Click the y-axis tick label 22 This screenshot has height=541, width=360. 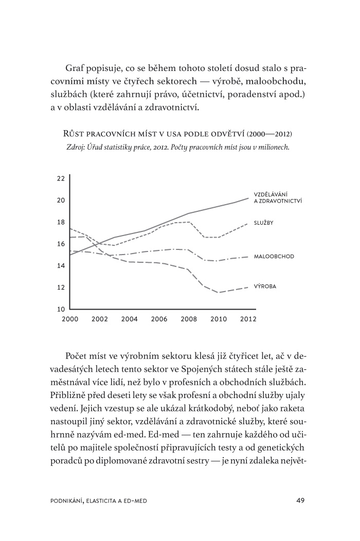[x=61, y=179]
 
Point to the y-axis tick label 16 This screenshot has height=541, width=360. [x=61, y=244]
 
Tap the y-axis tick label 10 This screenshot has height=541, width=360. [x=61, y=310]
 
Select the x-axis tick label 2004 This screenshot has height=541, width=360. [x=130, y=319]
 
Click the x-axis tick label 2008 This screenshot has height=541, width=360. [x=189, y=319]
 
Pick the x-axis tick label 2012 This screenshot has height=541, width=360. [x=248, y=319]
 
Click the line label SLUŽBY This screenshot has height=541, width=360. [x=263, y=223]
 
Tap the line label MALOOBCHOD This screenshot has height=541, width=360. [x=274, y=256]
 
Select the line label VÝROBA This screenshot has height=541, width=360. [x=265, y=286]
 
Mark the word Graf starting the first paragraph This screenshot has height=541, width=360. [x=75, y=68]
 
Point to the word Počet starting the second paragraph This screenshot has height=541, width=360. [x=77, y=356]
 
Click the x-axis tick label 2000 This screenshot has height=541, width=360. [x=69, y=319]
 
